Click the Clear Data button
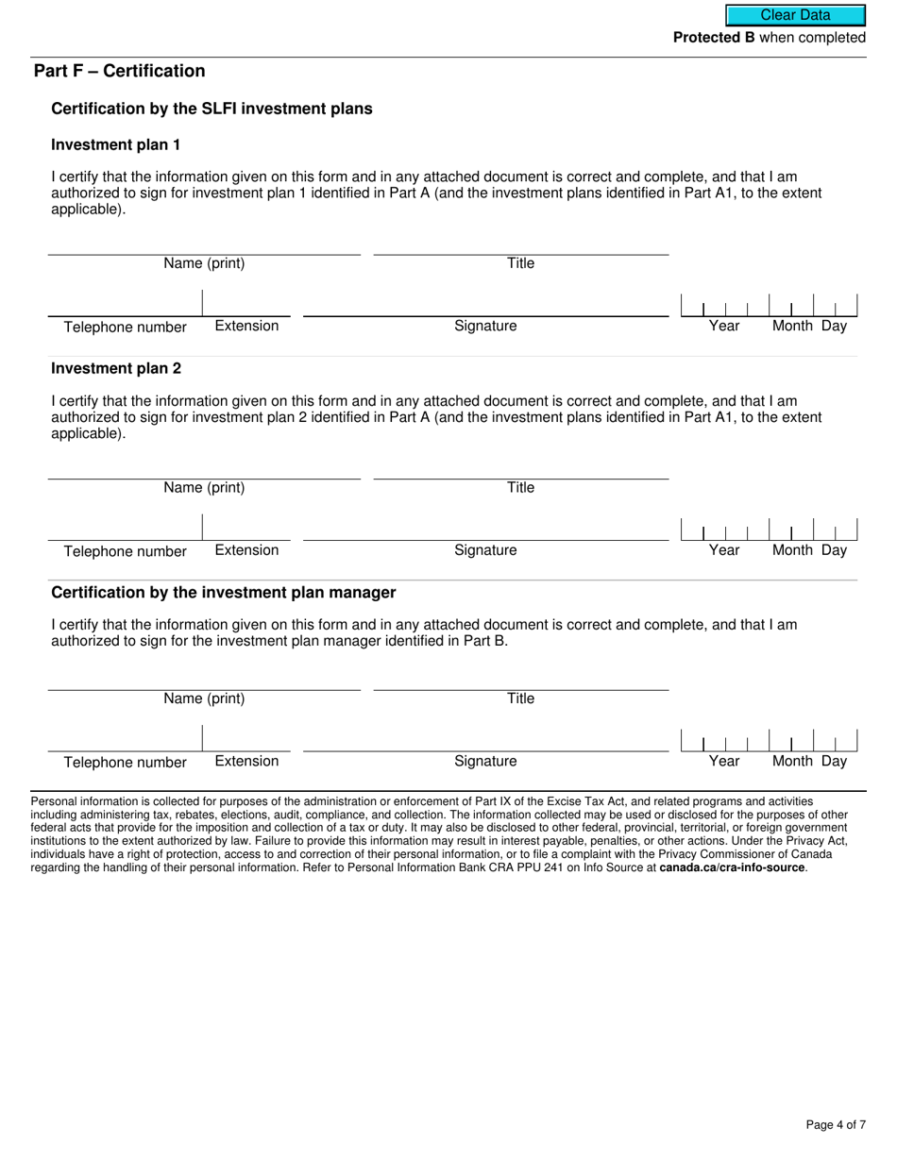(x=795, y=15)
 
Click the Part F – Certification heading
(x=119, y=71)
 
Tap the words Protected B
(x=714, y=38)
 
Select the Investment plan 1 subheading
(x=115, y=144)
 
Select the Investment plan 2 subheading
(x=116, y=368)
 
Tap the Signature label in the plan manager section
(x=485, y=761)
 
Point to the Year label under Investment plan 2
(x=724, y=550)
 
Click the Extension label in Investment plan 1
(x=246, y=326)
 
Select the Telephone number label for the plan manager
(x=125, y=763)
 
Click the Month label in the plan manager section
(x=792, y=761)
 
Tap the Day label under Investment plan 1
(x=834, y=326)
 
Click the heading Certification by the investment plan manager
(x=224, y=593)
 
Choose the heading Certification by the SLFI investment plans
(x=212, y=109)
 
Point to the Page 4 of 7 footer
(x=835, y=1124)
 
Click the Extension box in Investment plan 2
(x=246, y=528)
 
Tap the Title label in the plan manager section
(x=520, y=698)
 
